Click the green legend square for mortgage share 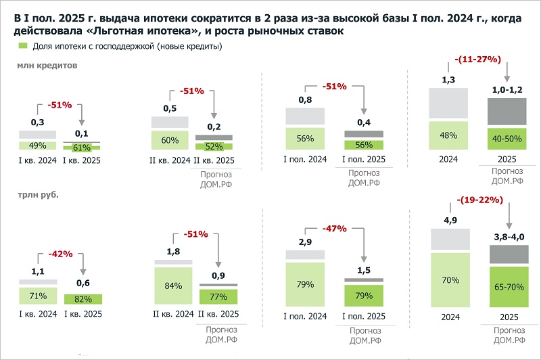[x=22, y=46]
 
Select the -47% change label [x=335, y=228]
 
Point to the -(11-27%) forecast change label [x=477, y=60]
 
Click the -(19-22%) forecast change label [x=477, y=200]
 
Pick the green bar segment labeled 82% [x=83, y=299]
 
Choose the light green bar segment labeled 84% [x=173, y=286]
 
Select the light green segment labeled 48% [x=448, y=135]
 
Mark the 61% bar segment [x=83, y=147]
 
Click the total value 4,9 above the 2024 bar [x=448, y=220]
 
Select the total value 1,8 [x=173, y=252]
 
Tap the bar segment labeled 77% [x=217, y=296]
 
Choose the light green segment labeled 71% [x=38, y=296]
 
